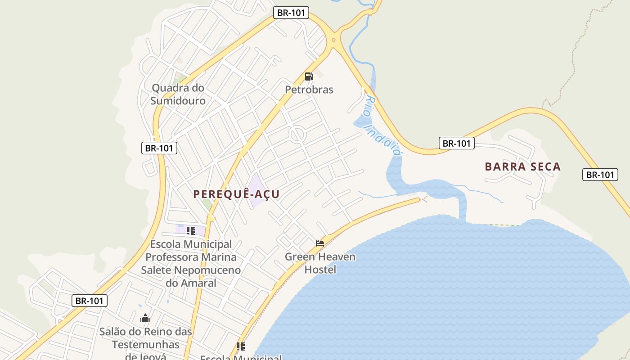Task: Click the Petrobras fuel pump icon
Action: (309, 76)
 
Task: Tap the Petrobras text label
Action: (309, 90)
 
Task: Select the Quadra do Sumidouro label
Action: (178, 94)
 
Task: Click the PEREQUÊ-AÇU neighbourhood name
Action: (236, 194)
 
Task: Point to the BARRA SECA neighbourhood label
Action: (522, 167)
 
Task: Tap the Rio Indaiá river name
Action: (383, 126)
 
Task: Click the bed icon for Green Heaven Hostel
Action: (320, 243)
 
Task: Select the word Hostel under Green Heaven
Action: (320, 270)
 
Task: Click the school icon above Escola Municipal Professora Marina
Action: (191, 231)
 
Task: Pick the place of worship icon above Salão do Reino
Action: (145, 319)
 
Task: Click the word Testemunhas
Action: (145, 345)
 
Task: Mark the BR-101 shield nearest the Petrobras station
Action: (291, 13)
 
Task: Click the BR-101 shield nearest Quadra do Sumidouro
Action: (159, 148)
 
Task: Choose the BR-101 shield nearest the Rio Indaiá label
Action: (457, 144)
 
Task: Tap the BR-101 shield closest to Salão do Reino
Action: (90, 301)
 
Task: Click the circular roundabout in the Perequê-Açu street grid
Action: (297, 135)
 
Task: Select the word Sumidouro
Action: (178, 101)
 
